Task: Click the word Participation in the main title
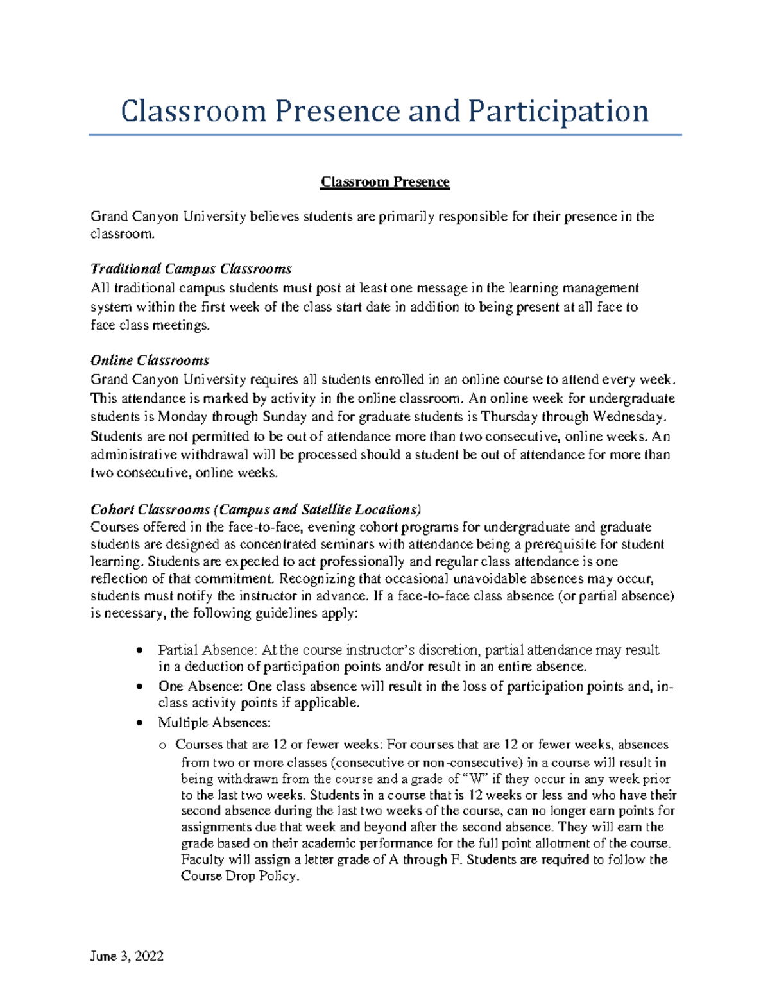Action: click(x=558, y=111)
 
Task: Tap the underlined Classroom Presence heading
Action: click(x=385, y=182)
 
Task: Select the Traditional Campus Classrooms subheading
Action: click(x=191, y=268)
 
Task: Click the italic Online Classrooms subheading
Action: click(x=150, y=360)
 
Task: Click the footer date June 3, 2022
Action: click(x=127, y=956)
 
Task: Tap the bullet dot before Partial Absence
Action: click(x=140, y=650)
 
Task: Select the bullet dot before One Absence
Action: click(x=140, y=686)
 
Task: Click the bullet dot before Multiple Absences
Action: click(x=140, y=723)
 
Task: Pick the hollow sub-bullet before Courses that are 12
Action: click(x=162, y=745)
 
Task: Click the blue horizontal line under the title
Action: click(x=385, y=135)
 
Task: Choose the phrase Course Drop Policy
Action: click(x=240, y=876)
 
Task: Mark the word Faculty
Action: click(x=202, y=859)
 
